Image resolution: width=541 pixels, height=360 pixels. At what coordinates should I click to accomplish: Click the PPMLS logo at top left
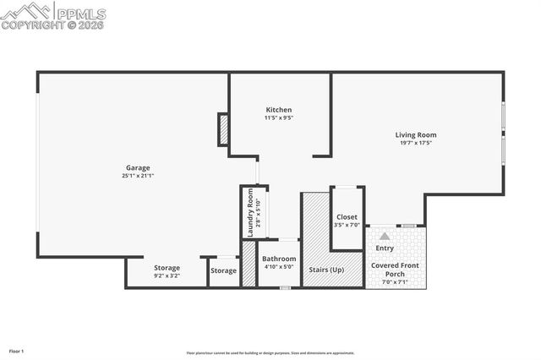[53, 14]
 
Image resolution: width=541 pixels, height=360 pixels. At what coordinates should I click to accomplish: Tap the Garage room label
[138, 167]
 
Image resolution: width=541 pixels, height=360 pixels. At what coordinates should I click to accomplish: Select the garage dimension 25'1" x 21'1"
[138, 175]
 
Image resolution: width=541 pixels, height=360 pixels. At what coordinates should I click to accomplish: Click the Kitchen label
[279, 110]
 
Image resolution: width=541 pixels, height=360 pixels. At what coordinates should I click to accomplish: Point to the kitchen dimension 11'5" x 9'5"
[279, 117]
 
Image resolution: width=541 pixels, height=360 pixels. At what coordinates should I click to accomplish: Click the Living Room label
[416, 134]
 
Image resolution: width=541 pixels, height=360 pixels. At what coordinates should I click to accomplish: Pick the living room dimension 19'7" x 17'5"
[416, 143]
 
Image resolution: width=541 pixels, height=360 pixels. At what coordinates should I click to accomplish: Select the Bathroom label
[279, 259]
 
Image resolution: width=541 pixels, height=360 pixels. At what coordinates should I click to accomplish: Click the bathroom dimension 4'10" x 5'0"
[279, 267]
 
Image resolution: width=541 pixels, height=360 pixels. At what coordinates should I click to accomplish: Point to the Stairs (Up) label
[326, 269]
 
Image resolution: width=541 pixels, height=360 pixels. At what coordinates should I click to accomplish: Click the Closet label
[347, 217]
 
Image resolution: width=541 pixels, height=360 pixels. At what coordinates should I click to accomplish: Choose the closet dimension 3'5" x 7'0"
[347, 226]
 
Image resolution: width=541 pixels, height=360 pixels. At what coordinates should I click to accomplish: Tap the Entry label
[385, 248]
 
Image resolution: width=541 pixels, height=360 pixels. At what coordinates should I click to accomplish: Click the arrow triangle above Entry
[385, 237]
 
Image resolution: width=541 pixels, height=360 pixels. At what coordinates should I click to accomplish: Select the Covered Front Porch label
[396, 270]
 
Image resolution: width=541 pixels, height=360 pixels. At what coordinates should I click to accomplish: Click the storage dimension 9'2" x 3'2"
[167, 275]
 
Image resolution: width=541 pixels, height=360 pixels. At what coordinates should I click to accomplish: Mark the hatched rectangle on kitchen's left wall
[224, 129]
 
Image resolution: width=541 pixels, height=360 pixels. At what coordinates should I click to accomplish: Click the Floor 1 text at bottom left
[16, 350]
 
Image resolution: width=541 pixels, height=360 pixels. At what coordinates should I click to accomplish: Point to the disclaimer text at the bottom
[270, 353]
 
